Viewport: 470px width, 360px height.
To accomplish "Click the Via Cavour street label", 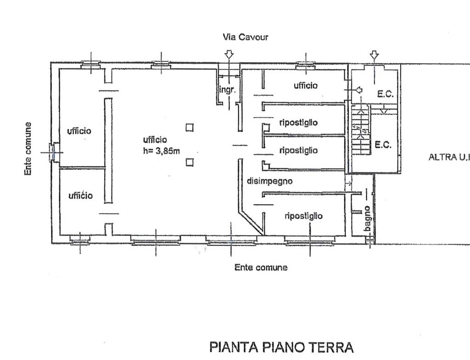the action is tap(245, 37).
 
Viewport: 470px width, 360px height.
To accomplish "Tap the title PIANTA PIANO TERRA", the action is tap(281, 347).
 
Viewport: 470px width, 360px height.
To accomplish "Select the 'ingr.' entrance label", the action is tap(228, 89).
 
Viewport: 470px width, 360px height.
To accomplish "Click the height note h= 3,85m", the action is tap(162, 151).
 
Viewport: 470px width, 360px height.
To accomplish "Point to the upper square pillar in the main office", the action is tap(190, 127).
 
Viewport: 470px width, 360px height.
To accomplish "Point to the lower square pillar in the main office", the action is tap(190, 162).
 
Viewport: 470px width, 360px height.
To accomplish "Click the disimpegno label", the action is tap(269, 181).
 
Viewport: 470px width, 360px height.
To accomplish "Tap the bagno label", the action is tap(368, 219).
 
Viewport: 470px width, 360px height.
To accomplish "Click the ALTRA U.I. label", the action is tap(449, 157).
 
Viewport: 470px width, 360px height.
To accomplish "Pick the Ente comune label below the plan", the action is tap(261, 267).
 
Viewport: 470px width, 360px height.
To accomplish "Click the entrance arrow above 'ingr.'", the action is tap(229, 55).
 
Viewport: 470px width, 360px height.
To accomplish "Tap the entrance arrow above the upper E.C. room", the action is tap(374, 55).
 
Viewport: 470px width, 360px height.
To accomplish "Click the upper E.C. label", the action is tap(385, 94).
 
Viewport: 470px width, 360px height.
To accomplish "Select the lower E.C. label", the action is tap(383, 145).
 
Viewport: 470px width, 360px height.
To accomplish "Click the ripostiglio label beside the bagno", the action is tap(304, 216).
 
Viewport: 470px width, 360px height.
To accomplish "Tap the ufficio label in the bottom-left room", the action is tap(80, 195).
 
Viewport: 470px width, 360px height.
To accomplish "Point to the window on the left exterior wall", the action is tap(53, 152).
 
